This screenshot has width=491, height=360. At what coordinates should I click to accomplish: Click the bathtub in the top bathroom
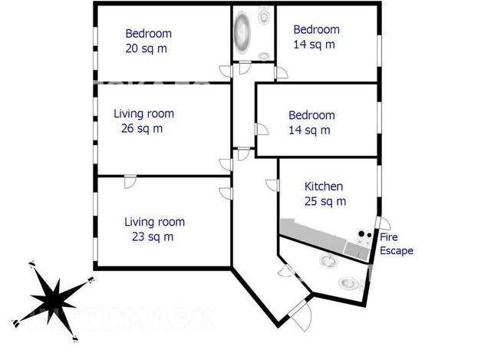tap(242, 32)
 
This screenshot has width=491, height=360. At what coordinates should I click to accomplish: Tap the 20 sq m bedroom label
tap(148, 41)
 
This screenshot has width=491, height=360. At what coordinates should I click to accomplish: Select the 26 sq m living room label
tap(143, 121)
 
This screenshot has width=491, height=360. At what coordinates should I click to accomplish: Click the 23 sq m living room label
tap(154, 230)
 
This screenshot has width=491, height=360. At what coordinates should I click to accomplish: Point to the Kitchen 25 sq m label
tap(325, 193)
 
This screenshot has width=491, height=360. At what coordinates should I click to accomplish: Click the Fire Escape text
tap(396, 244)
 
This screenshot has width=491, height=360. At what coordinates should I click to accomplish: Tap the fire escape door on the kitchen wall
tap(384, 223)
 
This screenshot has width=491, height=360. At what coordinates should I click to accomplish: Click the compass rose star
tap(54, 301)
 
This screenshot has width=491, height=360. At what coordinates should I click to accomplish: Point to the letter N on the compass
tap(31, 264)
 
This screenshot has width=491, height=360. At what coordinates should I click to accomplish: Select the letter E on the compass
tap(91, 279)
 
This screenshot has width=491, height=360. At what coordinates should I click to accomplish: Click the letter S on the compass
tap(75, 339)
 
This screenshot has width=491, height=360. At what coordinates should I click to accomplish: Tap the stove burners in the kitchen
tap(365, 234)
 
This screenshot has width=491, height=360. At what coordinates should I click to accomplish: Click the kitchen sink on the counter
tap(355, 249)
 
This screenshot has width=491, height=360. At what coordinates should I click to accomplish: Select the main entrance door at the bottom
tap(301, 315)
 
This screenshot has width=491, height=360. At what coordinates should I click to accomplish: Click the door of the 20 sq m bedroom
tap(226, 71)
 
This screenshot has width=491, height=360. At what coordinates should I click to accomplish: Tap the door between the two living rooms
tap(130, 182)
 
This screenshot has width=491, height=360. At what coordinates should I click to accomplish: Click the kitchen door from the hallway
tap(272, 185)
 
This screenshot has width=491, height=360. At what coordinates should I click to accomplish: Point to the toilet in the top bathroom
tap(264, 15)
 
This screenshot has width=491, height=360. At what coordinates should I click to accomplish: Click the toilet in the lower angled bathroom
tap(349, 283)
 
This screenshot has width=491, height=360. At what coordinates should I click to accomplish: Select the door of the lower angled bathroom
tap(286, 271)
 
